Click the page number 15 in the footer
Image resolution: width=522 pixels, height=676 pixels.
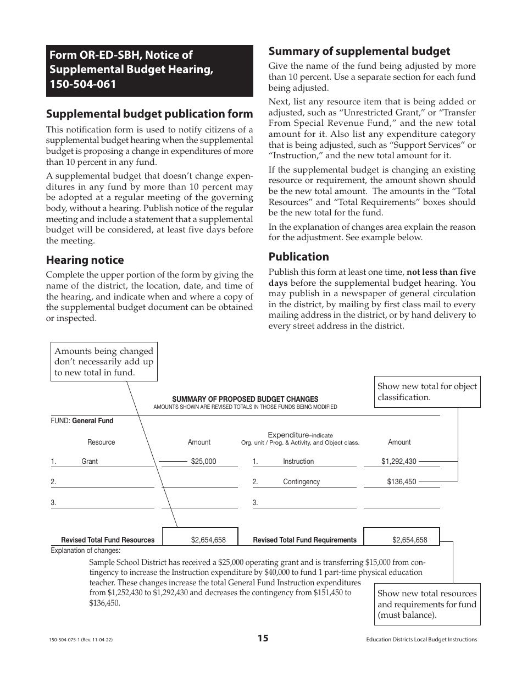click(263, 638)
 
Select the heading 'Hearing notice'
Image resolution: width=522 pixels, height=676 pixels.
click(85, 260)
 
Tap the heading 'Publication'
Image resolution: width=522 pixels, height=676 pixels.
click(298, 257)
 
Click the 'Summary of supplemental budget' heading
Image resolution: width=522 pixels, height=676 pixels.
click(359, 51)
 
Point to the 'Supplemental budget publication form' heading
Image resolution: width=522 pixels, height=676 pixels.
click(149, 114)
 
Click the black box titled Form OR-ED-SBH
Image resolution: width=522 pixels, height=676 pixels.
click(149, 70)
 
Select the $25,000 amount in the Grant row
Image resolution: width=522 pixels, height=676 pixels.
click(203, 462)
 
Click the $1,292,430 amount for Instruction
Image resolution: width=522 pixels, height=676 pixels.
click(399, 462)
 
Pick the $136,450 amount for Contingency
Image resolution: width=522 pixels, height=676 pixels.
click(401, 482)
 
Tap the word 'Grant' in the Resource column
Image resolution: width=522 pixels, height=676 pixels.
click(90, 462)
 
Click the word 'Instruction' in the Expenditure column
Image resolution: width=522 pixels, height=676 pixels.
click(298, 462)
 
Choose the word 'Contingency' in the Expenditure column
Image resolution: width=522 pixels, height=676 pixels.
click(301, 482)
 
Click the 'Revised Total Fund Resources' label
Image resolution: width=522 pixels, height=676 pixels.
click(108, 540)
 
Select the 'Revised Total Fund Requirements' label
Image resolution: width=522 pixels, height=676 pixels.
click(304, 540)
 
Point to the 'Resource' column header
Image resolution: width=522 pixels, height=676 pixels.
click(101, 442)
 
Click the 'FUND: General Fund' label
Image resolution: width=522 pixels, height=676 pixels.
click(82, 421)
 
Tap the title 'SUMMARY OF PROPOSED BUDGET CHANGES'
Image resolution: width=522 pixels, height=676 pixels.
click(245, 399)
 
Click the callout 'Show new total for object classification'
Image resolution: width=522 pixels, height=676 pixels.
click(427, 391)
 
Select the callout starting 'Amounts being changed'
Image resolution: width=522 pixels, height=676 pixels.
click(104, 362)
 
